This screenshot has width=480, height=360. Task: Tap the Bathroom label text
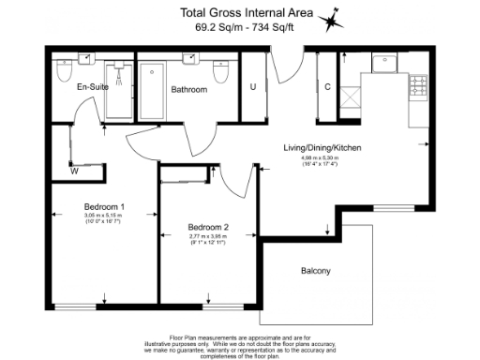tap(189, 90)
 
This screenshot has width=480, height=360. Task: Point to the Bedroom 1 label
tap(104, 206)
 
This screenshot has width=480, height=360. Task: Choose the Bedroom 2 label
tap(209, 227)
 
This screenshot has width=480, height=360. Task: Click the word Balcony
tap(316, 272)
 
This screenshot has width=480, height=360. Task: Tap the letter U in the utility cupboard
tap(253, 87)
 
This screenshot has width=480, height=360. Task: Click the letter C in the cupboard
tap(327, 87)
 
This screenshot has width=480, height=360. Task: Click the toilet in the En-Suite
tap(65, 72)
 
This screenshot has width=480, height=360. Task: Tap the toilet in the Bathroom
tap(220, 72)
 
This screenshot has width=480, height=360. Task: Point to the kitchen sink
tap(385, 63)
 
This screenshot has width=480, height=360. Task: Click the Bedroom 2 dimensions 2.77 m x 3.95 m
tap(209, 239)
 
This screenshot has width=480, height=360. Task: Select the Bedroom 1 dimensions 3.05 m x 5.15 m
tap(104, 218)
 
